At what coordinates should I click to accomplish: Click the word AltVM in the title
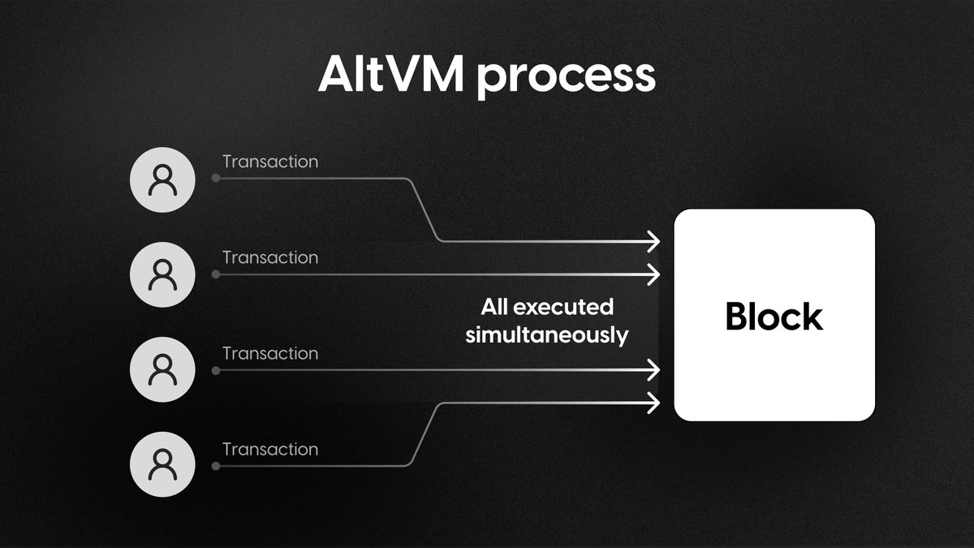pos(390,76)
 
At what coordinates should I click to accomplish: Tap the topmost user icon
pos(162,180)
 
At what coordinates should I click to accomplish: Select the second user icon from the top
pos(162,275)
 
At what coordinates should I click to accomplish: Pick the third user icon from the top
pos(162,371)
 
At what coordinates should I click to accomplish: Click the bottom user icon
pos(162,466)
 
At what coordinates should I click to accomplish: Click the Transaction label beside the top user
pos(270,162)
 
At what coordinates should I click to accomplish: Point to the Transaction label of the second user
pos(270,257)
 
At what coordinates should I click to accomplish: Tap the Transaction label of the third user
pos(270,353)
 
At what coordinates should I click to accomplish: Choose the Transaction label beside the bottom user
pos(270,449)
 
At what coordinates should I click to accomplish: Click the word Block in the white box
pos(774,316)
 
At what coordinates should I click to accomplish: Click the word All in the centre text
pos(494,307)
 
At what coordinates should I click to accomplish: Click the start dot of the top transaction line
pos(215,178)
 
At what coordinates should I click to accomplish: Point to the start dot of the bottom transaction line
pos(215,466)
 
